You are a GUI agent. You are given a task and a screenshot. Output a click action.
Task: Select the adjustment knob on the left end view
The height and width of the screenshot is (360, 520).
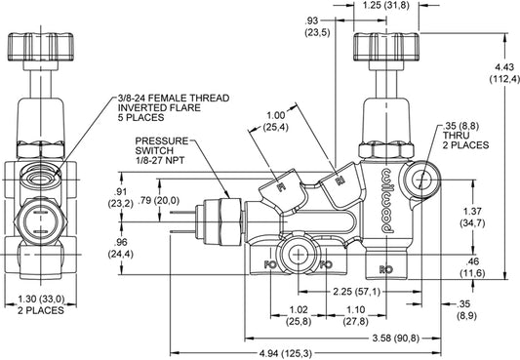pos(42,49)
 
